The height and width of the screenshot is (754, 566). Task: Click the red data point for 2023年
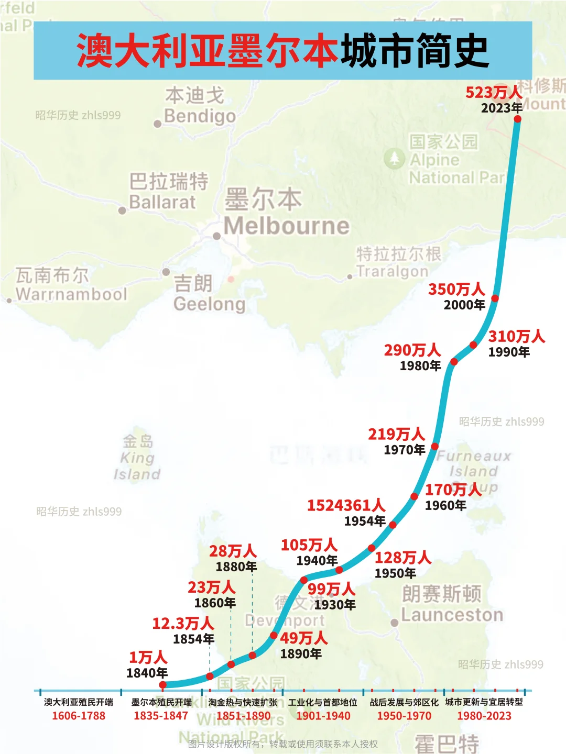click(x=517, y=119)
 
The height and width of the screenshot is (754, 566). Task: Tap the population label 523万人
click(x=493, y=93)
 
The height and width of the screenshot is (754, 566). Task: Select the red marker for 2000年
click(x=495, y=298)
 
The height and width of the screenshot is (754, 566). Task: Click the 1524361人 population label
click(x=346, y=505)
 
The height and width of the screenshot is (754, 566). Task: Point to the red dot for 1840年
click(x=162, y=684)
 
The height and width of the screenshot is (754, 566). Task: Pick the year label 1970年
click(x=404, y=450)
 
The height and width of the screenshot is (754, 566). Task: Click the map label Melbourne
click(x=286, y=226)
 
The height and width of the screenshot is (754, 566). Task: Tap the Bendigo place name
click(x=200, y=116)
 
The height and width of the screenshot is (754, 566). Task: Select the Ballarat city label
click(x=162, y=202)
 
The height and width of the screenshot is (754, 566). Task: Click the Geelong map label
click(x=209, y=304)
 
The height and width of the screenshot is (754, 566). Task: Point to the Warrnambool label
click(x=71, y=294)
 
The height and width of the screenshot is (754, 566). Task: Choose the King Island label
click(x=137, y=465)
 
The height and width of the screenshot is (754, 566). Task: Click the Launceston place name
click(x=452, y=615)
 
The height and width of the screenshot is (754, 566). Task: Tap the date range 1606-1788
click(x=79, y=716)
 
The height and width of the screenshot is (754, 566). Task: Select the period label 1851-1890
click(x=243, y=716)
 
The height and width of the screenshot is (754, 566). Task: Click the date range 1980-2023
click(x=484, y=716)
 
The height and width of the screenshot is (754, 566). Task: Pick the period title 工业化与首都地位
click(x=322, y=702)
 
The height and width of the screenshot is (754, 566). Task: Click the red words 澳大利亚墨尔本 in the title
click(x=207, y=51)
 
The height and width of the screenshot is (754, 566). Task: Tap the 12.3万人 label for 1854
click(x=183, y=624)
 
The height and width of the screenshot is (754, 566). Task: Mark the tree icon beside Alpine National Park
click(x=394, y=158)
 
